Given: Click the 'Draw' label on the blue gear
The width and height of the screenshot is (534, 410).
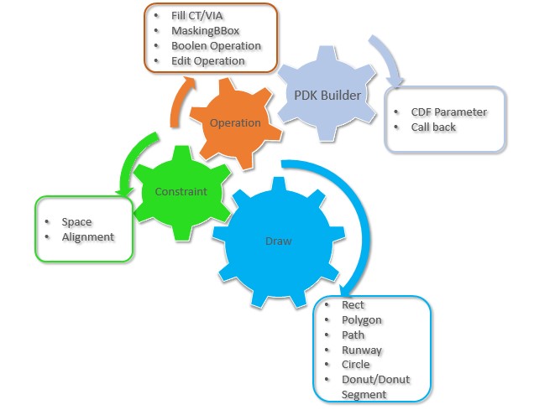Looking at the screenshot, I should (x=278, y=241).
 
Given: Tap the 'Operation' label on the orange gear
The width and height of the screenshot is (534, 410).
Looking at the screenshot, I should (x=235, y=122).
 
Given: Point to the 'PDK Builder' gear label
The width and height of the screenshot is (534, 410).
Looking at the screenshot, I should (x=327, y=95).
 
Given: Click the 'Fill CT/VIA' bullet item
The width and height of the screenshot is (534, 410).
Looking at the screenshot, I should (x=198, y=16).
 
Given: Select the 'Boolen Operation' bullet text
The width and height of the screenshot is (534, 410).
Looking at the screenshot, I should (x=216, y=46).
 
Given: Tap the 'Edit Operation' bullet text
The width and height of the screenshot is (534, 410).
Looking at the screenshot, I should (x=207, y=60).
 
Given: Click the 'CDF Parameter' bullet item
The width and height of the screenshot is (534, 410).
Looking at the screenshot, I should (x=448, y=112).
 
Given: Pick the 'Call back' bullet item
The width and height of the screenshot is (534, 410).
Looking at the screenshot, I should (x=433, y=127).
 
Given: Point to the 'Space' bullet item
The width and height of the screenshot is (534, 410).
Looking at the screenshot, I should (x=76, y=222).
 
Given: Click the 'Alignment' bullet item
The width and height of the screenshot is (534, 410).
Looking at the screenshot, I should (x=87, y=236).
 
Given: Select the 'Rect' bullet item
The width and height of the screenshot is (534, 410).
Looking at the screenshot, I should (x=353, y=305).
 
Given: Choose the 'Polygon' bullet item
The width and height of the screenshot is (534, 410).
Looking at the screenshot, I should (x=361, y=320).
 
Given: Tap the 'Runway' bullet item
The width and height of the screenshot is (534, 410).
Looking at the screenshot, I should (x=361, y=350).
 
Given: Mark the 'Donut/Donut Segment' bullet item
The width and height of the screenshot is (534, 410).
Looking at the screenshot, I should (x=375, y=387).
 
